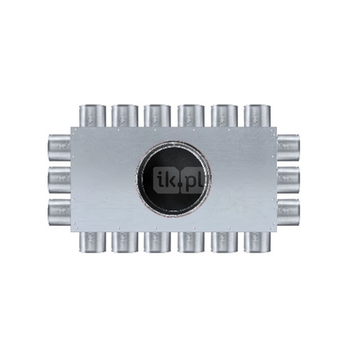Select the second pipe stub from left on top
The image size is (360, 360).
(x=126, y=114)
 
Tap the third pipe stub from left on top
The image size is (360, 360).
(x=158, y=114)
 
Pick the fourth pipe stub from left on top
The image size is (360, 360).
(x=191, y=114)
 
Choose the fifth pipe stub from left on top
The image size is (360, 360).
(x=224, y=114)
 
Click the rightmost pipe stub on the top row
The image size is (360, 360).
(x=257, y=114)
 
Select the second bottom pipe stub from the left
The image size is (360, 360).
(x=126, y=243)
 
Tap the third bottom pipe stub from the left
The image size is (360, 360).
(x=158, y=243)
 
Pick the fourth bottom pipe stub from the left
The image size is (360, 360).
(x=191, y=243)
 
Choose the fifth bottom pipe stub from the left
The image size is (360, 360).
(x=224, y=243)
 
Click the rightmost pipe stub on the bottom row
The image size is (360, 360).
(x=257, y=243)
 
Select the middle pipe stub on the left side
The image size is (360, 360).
(x=58, y=178)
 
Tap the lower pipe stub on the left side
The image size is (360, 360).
(x=58, y=211)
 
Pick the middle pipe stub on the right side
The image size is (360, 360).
(x=290, y=178)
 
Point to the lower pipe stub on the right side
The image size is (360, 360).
(x=290, y=211)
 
